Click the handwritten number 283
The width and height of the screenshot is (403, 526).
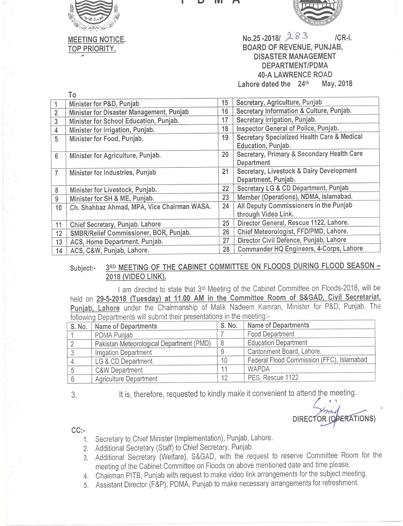[298, 37]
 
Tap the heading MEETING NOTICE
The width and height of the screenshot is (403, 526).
[96, 40]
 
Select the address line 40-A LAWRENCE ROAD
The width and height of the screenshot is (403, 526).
[295, 75]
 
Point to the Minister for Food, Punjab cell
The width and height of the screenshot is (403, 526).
[106, 138]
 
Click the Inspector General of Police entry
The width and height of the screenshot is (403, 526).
[287, 128]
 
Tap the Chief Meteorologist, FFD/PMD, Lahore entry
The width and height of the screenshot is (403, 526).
[292, 231]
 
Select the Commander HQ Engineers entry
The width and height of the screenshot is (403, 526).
[300, 249]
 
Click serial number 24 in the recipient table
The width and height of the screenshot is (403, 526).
[225, 206]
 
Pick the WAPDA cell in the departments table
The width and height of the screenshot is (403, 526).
[259, 369]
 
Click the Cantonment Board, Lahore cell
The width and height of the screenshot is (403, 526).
[284, 351]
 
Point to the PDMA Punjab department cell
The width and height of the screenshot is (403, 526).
[114, 335]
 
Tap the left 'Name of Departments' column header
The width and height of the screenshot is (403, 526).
[126, 326]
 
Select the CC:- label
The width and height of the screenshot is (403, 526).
[78, 430]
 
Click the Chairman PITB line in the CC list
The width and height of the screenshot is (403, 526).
[231, 475]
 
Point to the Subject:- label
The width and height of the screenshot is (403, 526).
[82, 268]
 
